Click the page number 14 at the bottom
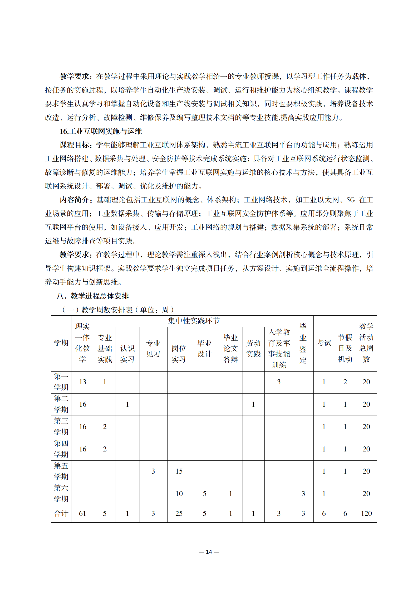[209, 552]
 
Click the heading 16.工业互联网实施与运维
[101, 131]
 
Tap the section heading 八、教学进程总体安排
[92, 296]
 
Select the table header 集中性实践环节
[194, 321]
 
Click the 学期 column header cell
[61, 343]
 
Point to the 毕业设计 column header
[205, 348]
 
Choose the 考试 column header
[324, 343]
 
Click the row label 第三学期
[61, 426]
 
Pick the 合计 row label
[61, 513]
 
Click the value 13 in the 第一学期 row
[82, 382]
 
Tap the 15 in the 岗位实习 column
[179, 471]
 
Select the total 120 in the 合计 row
[366, 513]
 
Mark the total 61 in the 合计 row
[82, 513]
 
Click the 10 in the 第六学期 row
[179, 493]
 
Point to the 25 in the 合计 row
[179, 513]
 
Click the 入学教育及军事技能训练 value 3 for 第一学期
[279, 382]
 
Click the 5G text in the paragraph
[351, 200]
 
